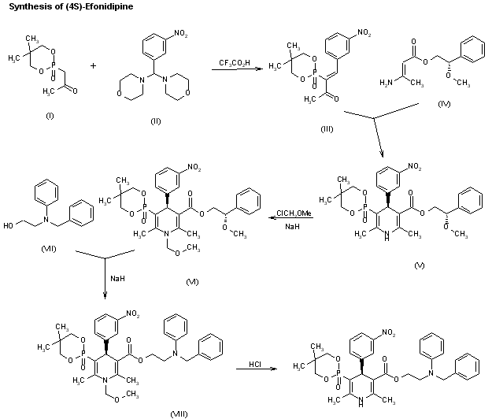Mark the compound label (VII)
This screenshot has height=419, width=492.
click(x=50, y=248)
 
